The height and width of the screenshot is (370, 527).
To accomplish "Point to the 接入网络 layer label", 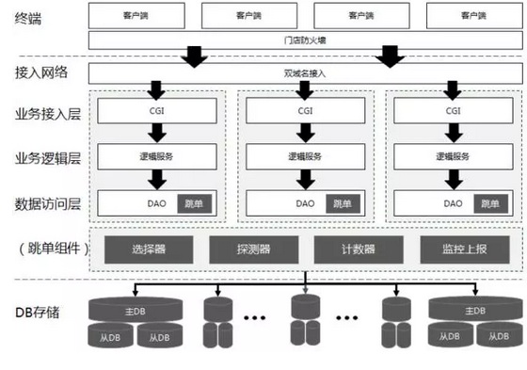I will coord(41,72).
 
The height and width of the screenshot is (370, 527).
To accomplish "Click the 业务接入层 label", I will coord(46,113).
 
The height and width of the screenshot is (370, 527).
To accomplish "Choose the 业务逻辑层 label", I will coord(46,156).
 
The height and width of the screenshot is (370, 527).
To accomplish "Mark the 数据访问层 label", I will coord(46,201).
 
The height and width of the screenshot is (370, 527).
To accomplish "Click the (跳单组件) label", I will coord(46,249).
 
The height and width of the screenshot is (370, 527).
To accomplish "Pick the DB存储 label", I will coord(38,313).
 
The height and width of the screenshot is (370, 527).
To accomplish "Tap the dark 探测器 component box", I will coord(253,249).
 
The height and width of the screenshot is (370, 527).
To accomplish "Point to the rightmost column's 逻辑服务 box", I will coord(453,155).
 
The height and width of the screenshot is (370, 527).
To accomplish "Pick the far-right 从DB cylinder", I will coord(498,335).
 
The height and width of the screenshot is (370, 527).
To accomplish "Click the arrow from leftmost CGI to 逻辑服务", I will coord(155,133).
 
